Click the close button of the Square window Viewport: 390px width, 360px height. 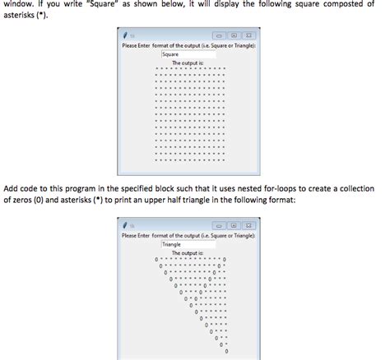(x=248, y=36)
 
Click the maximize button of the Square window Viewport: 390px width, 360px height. (x=234, y=36)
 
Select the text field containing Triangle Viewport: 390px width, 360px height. (x=188, y=244)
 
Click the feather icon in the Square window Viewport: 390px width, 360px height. (x=126, y=36)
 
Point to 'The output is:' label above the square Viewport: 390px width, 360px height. (x=188, y=62)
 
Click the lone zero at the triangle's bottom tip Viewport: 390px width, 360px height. (x=225, y=352)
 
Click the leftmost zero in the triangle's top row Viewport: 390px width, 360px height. (x=156, y=259)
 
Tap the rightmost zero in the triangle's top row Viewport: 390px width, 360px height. (x=225, y=259)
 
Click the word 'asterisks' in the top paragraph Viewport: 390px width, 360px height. (x=18, y=16)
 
